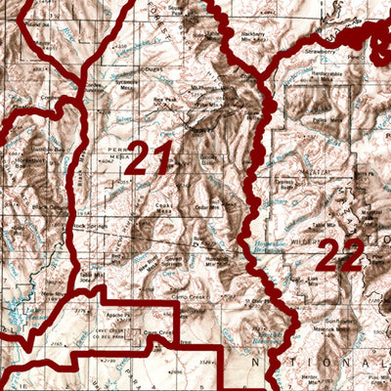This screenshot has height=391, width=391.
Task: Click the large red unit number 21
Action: click(149, 158)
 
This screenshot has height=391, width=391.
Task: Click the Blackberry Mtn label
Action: click(257, 35)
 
